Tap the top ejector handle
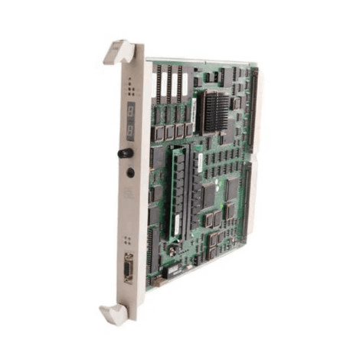tap(119, 52)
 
